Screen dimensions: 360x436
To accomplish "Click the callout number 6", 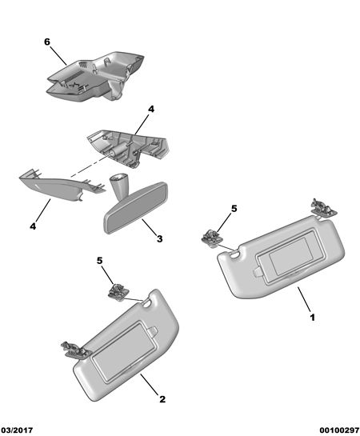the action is [x=47, y=42].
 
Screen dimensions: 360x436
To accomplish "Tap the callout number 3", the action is [x=159, y=238].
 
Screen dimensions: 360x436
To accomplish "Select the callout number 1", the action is [x=313, y=318].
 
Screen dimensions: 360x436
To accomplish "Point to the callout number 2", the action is [x=162, y=399].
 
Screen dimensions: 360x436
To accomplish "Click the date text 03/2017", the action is [x=17, y=430].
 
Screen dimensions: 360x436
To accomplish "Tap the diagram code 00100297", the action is [x=339, y=430].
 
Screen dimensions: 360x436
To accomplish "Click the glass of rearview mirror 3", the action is [x=135, y=208].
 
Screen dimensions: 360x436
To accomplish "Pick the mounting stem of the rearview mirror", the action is [x=118, y=186].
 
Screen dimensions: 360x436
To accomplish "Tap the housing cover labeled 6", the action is [x=95, y=76].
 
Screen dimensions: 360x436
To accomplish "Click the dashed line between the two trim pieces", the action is [x=90, y=166].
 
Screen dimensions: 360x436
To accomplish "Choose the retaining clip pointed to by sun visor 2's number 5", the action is [x=118, y=292].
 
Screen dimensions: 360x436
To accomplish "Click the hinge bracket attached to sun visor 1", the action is [x=323, y=208].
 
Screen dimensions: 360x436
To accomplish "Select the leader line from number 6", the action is [x=58, y=56].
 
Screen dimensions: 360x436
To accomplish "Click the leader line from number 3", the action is [x=149, y=226].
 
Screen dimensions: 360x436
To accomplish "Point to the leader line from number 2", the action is [x=149, y=385].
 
